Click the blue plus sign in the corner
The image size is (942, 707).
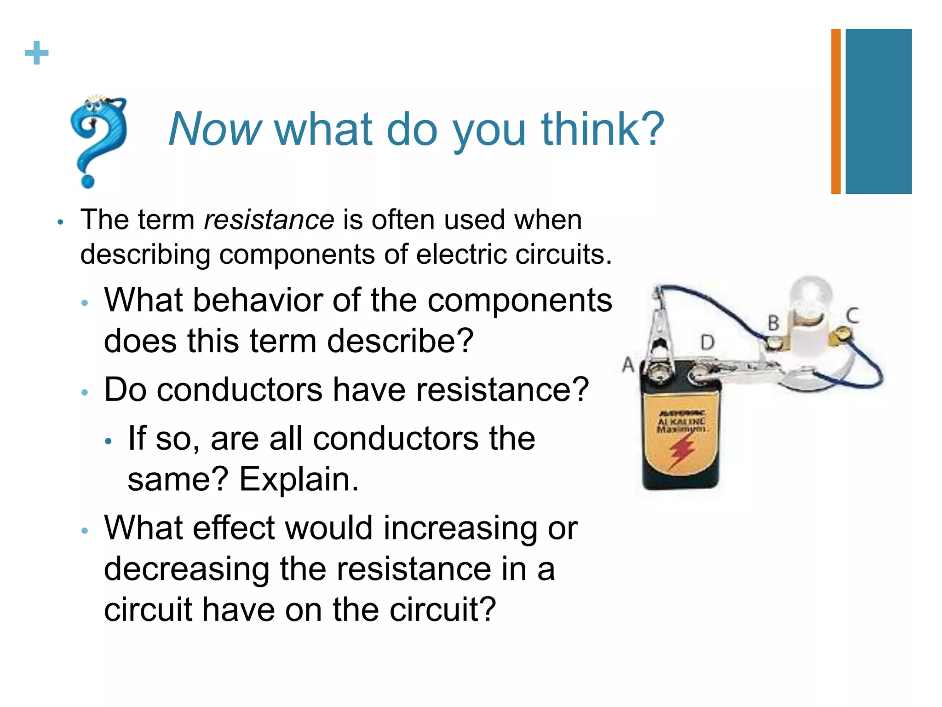[37, 53]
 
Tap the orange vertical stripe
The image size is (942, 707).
[836, 111]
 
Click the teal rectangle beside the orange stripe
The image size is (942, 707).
[878, 111]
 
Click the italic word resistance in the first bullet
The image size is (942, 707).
[269, 220]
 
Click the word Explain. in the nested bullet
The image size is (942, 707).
[299, 479]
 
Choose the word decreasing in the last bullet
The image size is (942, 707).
[187, 569]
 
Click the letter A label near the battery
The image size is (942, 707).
[628, 365]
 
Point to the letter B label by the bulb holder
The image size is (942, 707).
[774, 323]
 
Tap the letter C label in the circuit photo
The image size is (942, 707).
[852, 316]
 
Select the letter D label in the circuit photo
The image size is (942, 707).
[707, 343]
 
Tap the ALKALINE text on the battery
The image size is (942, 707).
[681, 422]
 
